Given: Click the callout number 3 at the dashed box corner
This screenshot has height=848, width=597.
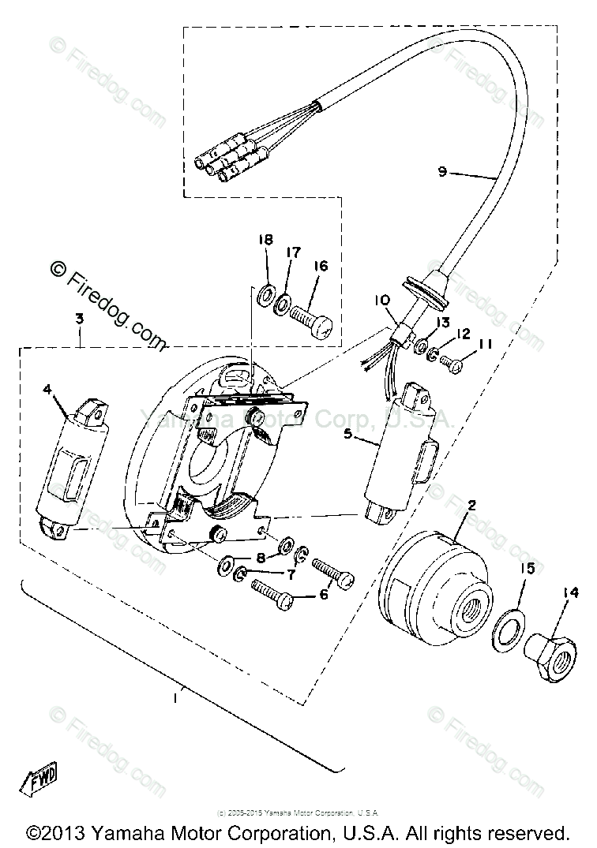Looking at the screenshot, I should point(80,319).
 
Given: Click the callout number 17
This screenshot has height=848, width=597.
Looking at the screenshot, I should point(294,252).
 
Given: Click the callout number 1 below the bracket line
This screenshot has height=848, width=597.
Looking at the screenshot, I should point(176,697).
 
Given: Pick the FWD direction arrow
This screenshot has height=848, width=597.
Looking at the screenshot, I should point(40,782).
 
